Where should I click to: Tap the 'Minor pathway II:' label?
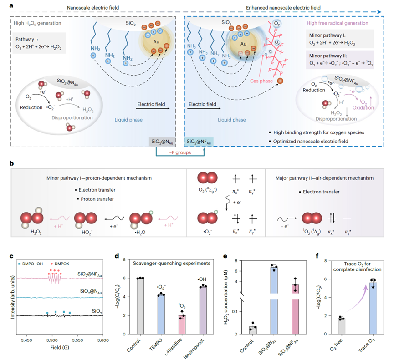click(x=327, y=55)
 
